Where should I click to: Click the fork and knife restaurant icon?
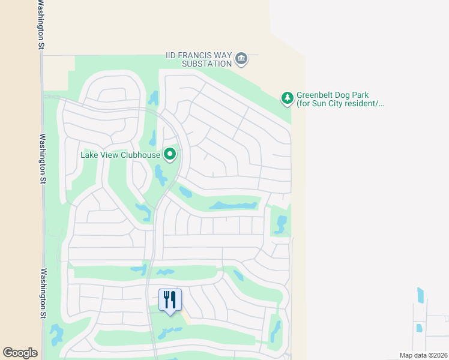click(170, 299)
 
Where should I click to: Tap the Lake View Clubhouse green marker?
click(170, 155)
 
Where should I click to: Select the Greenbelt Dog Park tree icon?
click(288, 98)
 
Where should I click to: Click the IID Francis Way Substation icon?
click(241, 58)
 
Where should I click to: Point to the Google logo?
click(20, 353)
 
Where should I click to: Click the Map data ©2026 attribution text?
click(423, 355)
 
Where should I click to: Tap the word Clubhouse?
click(140, 155)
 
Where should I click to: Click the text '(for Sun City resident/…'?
click(340, 104)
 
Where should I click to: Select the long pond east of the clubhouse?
click(233, 205)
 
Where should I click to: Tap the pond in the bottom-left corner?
click(56, 334)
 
